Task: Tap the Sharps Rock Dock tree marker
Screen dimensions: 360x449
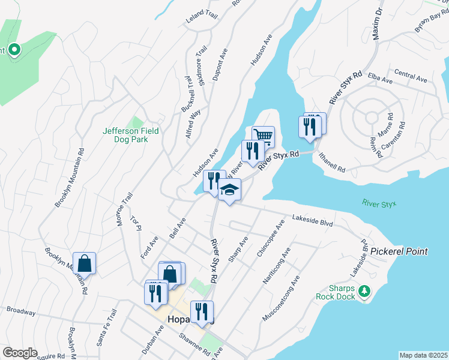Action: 364,292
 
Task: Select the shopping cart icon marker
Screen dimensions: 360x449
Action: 263,136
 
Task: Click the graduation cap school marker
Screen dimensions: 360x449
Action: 229,190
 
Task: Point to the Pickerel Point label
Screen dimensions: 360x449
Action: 399,251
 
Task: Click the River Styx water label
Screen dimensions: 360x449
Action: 379,204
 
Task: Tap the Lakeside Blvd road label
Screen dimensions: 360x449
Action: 313,221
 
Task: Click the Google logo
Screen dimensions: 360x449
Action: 20,353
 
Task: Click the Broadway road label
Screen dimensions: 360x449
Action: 21,311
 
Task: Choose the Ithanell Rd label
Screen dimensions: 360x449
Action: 333,162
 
